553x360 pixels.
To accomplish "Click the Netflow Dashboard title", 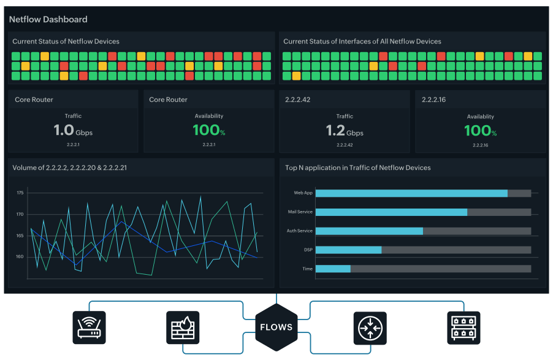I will tap(48, 19).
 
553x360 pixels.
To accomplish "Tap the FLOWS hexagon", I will tap(276, 327).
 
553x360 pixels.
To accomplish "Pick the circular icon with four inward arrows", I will tap(370, 327).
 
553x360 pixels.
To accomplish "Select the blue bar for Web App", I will tap(411, 193).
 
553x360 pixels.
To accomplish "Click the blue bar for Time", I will tap(333, 269).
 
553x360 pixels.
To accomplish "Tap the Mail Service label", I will tap(300, 212).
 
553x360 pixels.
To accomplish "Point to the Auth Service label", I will tap(300, 231).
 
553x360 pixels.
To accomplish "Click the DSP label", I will tap(308, 250).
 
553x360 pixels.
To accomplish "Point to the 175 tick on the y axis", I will tap(20, 193).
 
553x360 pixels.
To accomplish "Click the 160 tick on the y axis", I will tap(20, 257).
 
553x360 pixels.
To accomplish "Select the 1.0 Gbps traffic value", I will tap(72, 131).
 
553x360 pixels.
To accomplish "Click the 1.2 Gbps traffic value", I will tap(345, 131).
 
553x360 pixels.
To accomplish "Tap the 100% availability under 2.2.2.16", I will tap(480, 131).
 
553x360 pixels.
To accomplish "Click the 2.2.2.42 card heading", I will tap(298, 99).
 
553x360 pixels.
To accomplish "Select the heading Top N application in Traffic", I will tap(358, 167).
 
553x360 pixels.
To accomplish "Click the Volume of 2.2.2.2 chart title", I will tap(69, 167).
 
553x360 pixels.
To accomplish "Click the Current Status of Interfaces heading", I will tap(362, 42).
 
